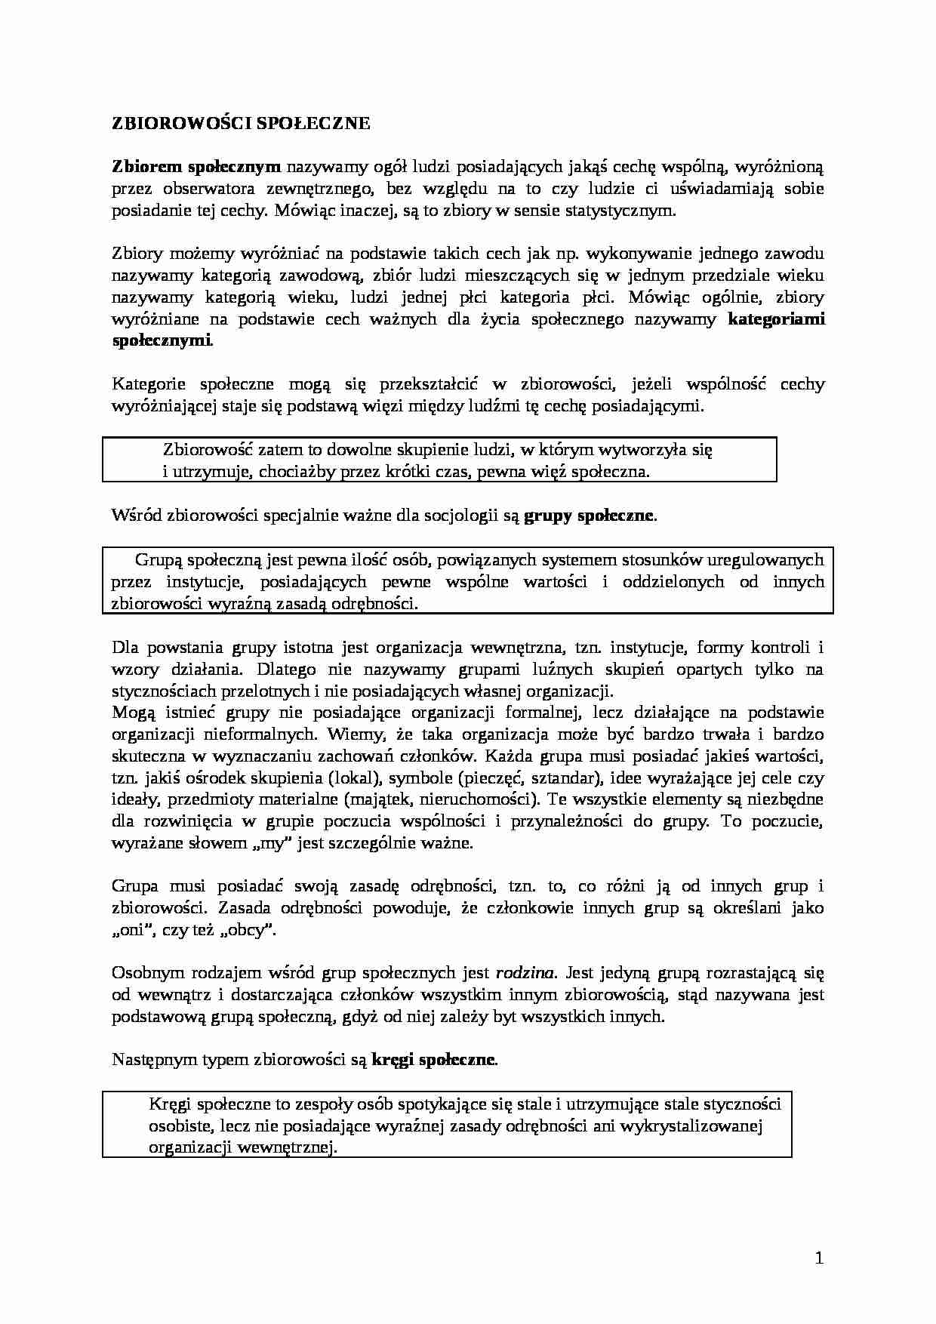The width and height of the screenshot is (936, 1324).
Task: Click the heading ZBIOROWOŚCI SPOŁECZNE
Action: point(241,124)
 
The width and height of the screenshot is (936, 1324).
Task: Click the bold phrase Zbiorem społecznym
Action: point(196,167)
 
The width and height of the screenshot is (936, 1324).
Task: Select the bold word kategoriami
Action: point(777,319)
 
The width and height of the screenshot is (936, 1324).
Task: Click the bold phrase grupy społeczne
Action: point(589,516)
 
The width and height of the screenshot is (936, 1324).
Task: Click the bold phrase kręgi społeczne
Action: point(434,1060)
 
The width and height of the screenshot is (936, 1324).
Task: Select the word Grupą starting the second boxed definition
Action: point(159,560)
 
